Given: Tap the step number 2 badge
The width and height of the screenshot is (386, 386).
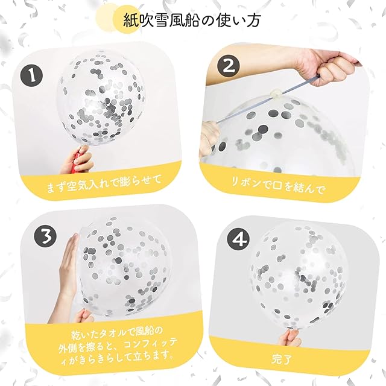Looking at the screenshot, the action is click(x=229, y=66).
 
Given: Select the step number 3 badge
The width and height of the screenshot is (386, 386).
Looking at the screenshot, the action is click(x=45, y=236).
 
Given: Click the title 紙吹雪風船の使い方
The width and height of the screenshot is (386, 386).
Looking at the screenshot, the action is click(x=192, y=20).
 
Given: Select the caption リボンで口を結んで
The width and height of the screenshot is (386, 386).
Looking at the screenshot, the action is click(x=277, y=186).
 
